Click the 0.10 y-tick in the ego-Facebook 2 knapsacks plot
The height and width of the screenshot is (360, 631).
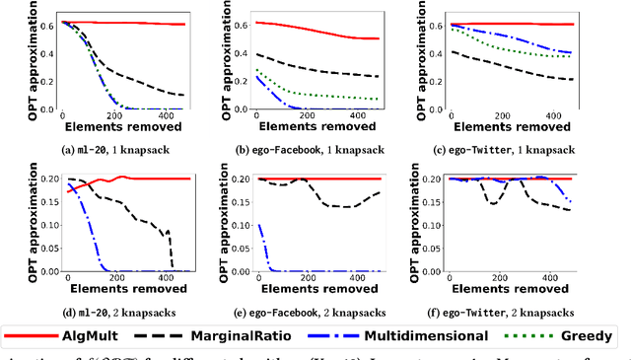coord(235,226)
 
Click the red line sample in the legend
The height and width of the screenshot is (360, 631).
coord(40,336)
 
